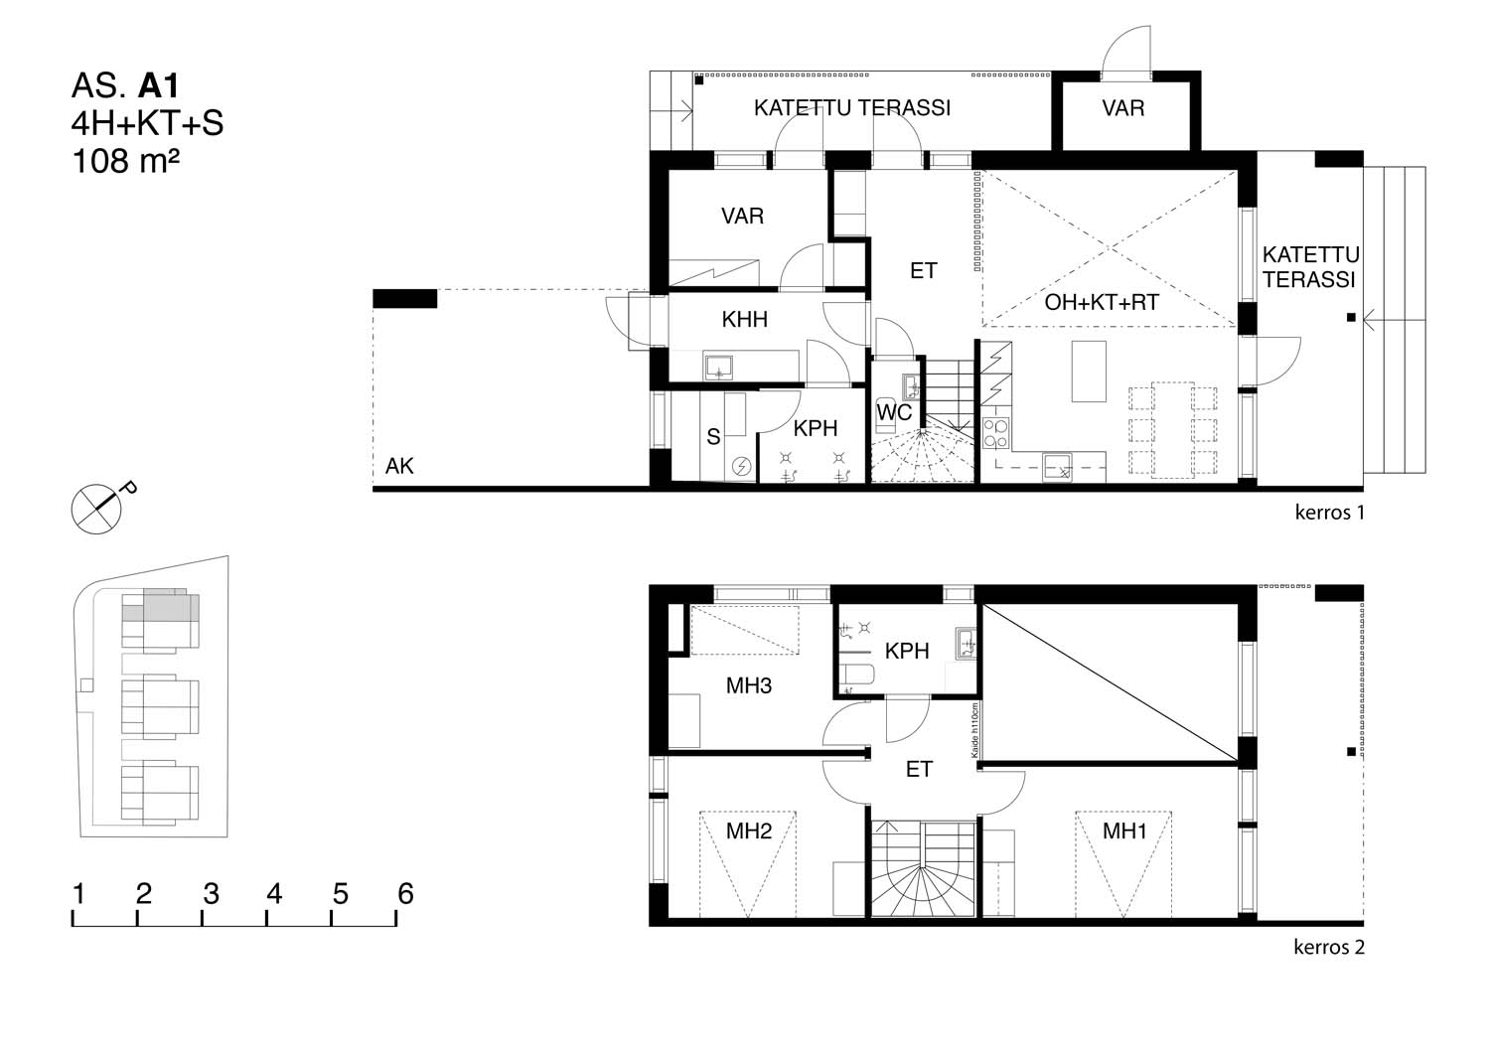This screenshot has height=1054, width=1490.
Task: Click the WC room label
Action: point(893,412)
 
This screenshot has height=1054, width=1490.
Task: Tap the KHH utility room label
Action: point(744,320)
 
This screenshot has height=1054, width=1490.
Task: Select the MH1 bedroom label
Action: point(1124,830)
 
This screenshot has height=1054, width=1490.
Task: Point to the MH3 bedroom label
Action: point(748,685)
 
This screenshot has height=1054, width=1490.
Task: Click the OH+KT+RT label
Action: point(1102,302)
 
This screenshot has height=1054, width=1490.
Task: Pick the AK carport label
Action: point(399,466)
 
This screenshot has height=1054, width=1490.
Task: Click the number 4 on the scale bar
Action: point(274,893)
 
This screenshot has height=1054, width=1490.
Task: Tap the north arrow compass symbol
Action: point(96,509)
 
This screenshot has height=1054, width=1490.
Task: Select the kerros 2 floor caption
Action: point(1328,947)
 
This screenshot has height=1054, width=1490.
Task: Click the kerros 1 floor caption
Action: point(1329,513)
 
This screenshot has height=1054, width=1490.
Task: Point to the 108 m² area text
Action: point(126,161)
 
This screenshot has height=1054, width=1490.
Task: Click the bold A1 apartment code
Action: point(158,85)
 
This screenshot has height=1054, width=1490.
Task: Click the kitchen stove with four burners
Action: point(995,432)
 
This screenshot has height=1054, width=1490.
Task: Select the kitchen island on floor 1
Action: point(1089,372)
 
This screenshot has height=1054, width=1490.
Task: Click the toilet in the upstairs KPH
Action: point(855,676)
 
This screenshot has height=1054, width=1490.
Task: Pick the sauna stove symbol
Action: point(741,467)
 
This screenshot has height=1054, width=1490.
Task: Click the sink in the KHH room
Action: point(718,367)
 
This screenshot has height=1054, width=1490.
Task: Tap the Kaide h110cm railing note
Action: point(974,730)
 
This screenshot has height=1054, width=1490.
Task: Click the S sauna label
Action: point(713,437)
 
